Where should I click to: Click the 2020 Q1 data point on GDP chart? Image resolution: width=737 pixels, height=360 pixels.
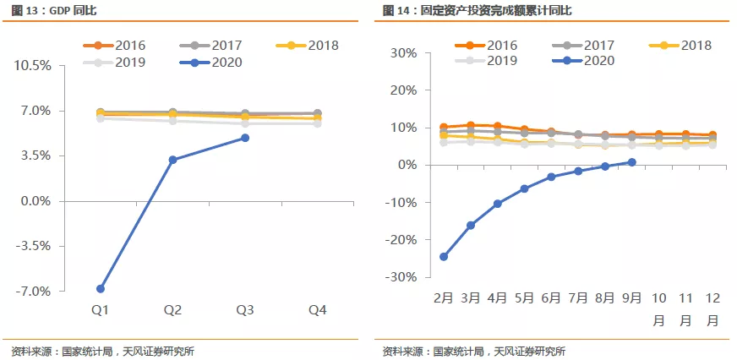(x=101, y=288)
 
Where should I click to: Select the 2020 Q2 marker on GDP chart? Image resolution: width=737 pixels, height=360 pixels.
(x=172, y=160)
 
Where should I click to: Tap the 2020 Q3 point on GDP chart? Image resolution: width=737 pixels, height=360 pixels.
(x=245, y=138)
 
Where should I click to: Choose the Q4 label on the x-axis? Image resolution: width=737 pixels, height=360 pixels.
(x=317, y=311)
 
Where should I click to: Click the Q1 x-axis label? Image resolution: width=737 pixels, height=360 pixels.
(x=101, y=311)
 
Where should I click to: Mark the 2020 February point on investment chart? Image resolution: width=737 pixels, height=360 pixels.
(x=444, y=257)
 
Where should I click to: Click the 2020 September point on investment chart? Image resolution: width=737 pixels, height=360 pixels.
(x=631, y=162)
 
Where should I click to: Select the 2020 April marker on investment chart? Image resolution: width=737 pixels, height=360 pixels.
(x=497, y=204)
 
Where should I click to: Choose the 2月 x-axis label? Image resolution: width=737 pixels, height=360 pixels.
(x=444, y=297)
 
